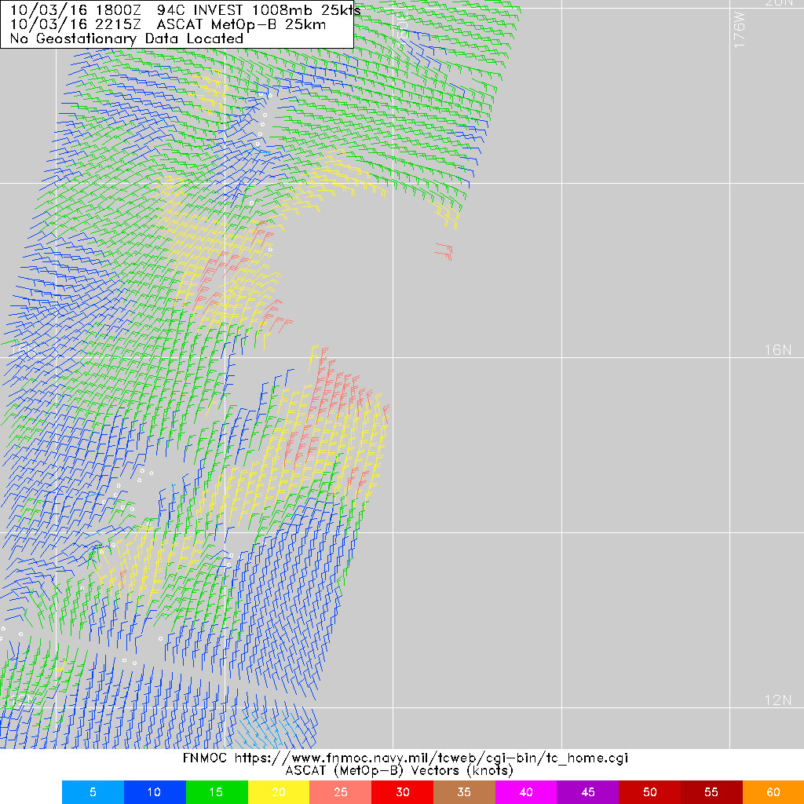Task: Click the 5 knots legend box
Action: pos(93,792)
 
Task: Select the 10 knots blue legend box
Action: pos(155,792)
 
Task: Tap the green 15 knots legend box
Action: pos(217,792)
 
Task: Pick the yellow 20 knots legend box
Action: pos(279,792)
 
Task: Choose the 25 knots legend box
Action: pos(341,792)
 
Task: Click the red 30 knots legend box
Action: pos(403,792)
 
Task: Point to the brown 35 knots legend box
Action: pos(464,792)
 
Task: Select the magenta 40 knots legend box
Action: pos(526,792)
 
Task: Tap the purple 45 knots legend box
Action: pos(588,792)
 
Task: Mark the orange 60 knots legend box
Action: pos(773,792)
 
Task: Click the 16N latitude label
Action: pos(777,350)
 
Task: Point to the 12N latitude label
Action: pos(777,700)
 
